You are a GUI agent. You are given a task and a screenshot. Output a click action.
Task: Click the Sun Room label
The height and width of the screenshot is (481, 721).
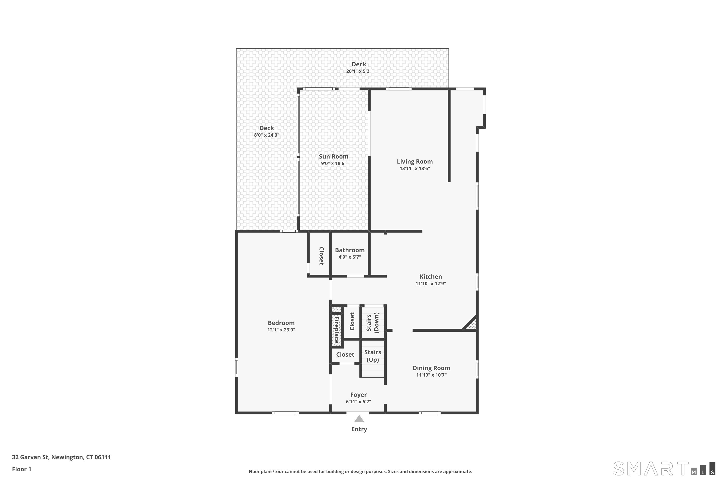point(334,157)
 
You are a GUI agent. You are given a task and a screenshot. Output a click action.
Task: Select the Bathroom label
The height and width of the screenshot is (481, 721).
point(349,250)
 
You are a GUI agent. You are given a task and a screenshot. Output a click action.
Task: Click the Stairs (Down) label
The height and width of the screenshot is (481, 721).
point(373,323)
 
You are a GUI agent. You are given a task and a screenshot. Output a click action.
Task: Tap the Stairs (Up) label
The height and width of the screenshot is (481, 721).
point(373,356)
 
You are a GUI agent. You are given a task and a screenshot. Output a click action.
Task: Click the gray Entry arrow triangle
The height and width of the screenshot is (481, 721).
point(359,419)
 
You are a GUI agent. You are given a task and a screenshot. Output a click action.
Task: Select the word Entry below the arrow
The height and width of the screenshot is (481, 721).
point(359,429)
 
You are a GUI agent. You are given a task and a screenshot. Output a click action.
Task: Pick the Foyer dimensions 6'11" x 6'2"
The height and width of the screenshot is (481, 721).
point(358,402)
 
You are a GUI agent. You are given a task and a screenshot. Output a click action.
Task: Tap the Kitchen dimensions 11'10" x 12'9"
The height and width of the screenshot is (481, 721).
point(430,284)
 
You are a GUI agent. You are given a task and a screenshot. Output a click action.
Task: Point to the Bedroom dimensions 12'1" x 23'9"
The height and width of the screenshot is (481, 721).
point(281,330)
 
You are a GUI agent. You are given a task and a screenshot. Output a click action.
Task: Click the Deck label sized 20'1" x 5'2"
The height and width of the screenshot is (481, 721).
point(359,64)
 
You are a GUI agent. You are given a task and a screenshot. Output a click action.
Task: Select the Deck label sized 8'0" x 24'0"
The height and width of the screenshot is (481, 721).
point(266,128)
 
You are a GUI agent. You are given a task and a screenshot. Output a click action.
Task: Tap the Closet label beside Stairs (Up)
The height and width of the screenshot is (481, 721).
point(345,354)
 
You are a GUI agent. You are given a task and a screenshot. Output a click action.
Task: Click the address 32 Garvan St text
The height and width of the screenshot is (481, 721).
point(61,457)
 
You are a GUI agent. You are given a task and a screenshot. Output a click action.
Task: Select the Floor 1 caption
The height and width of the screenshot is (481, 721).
point(21,469)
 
